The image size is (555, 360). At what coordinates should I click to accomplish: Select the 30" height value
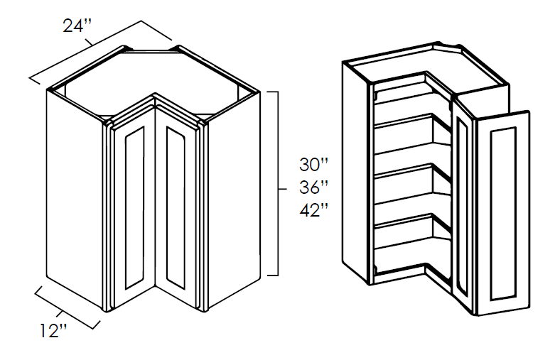pyautogui.click(x=313, y=165)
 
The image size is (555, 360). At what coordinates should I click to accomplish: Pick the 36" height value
pyautogui.click(x=313, y=187)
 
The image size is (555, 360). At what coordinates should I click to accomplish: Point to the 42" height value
pyautogui.click(x=313, y=210)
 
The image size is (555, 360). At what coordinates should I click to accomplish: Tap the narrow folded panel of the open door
pyautogui.click(x=463, y=206)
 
